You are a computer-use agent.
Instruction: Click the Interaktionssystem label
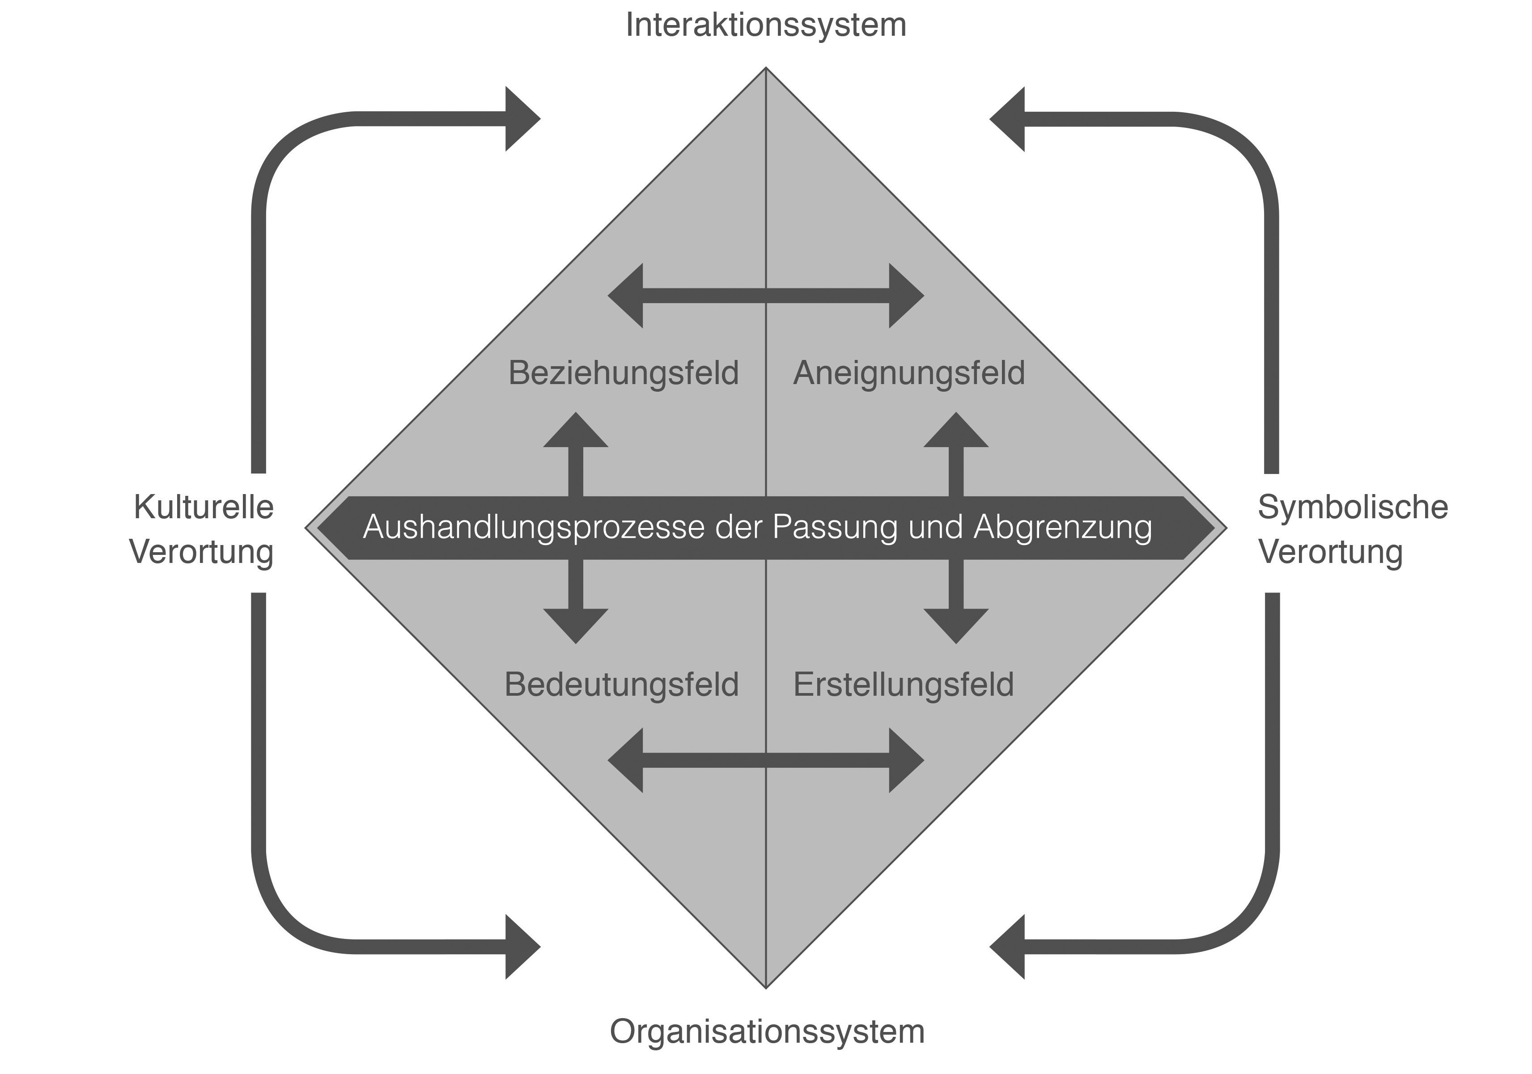click(765, 26)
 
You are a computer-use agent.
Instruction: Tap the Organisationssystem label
click(767, 1032)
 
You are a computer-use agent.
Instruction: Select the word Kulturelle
click(204, 507)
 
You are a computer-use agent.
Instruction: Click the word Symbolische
click(1353, 507)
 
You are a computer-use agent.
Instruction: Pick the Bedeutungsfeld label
click(621, 685)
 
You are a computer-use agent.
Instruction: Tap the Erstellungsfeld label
click(904, 685)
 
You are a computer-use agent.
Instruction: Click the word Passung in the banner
click(834, 527)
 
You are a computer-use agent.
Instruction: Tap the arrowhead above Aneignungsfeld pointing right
click(906, 296)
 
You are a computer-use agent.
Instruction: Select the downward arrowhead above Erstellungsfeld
click(956, 626)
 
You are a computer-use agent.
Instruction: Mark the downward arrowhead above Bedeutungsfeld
click(576, 626)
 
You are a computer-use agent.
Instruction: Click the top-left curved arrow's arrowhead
click(522, 119)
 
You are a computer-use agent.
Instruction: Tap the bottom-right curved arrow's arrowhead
click(1008, 947)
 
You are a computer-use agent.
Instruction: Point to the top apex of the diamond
click(766, 69)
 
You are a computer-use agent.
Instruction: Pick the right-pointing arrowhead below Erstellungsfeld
click(906, 761)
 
